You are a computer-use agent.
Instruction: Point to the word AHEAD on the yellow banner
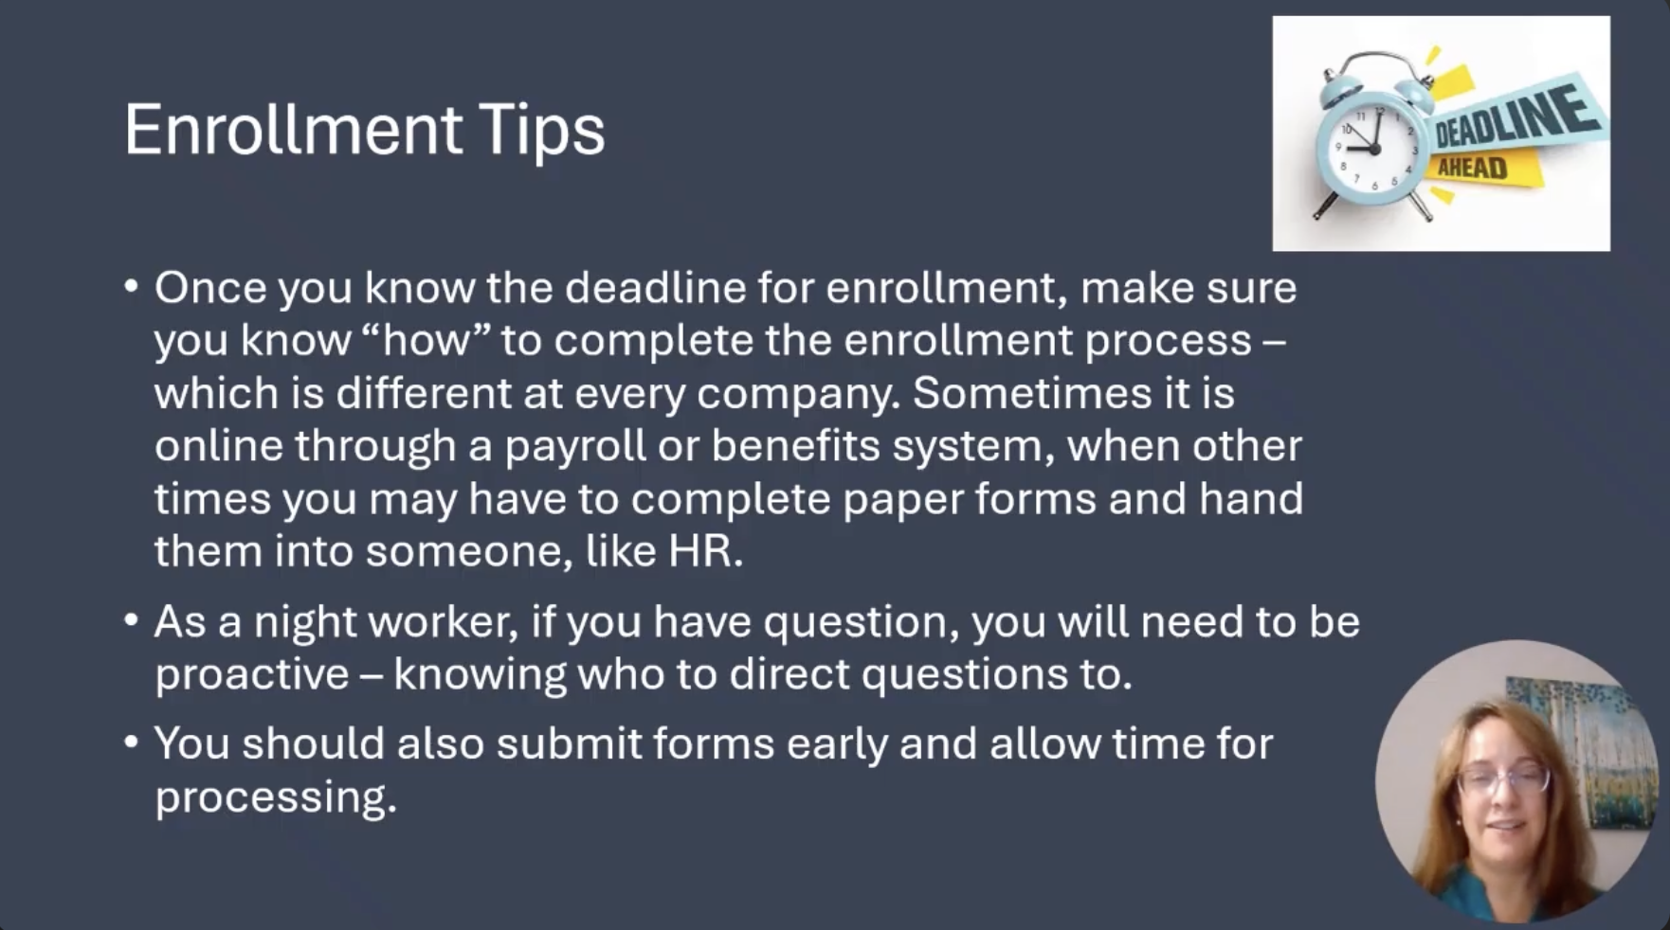tap(1472, 169)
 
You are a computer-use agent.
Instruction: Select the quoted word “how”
tap(425, 340)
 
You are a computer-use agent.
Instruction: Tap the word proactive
tap(252, 674)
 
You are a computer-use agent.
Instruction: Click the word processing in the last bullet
tap(275, 797)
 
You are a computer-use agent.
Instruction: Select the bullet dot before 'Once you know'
tap(132, 286)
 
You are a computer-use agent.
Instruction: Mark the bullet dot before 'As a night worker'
tap(132, 621)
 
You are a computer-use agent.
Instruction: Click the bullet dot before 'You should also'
tap(132, 742)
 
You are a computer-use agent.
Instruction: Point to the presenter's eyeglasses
tap(1503, 781)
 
